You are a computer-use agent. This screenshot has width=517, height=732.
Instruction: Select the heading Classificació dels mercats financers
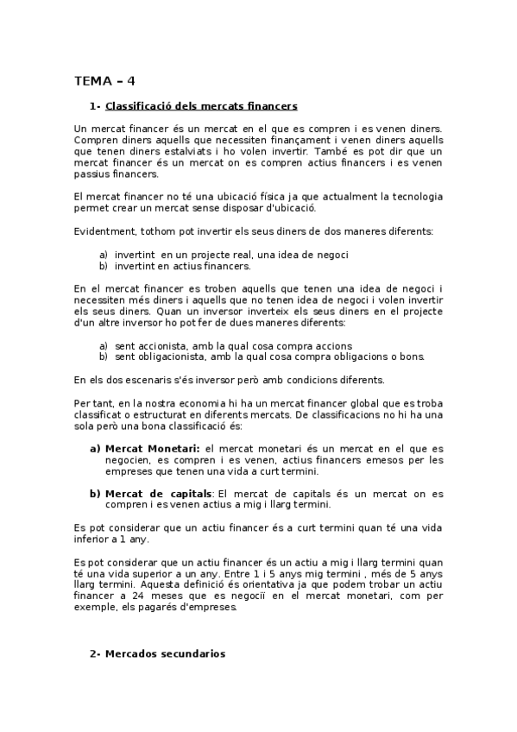(201, 106)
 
